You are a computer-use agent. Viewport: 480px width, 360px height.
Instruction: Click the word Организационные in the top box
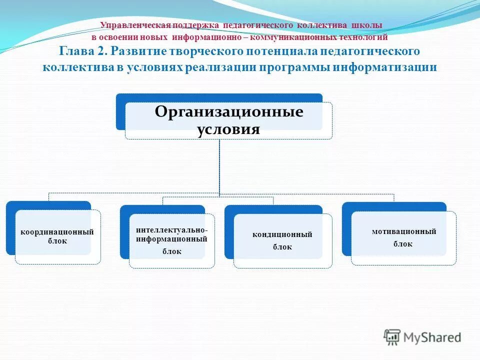[x=228, y=111]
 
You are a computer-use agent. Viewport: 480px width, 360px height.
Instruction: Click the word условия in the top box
[x=228, y=129]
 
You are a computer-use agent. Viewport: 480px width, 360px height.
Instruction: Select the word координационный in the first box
[x=57, y=232]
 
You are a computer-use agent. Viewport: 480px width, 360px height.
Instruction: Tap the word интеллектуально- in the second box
[x=172, y=230]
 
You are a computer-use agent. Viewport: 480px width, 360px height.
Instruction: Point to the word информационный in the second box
[x=171, y=239]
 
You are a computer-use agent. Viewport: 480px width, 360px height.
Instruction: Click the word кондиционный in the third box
[x=282, y=234]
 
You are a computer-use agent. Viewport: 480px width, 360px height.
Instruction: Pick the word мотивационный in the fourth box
[x=404, y=231]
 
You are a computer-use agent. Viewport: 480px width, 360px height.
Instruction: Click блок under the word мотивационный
[x=402, y=244]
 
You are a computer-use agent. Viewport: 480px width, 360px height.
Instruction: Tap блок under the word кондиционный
[x=282, y=246]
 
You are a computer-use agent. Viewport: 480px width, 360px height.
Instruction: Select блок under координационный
[x=57, y=240]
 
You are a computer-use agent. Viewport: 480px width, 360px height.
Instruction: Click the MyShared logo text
[x=433, y=337]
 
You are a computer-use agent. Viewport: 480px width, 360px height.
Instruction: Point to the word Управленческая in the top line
[x=135, y=25]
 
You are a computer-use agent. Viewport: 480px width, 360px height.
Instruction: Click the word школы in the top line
[x=366, y=25]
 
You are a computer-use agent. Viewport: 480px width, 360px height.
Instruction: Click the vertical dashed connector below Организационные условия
[x=219, y=165]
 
